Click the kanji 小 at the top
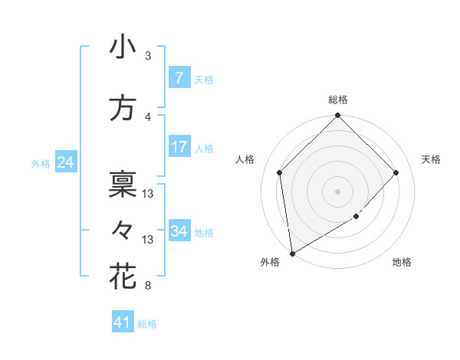point(123,47)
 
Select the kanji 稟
point(123,185)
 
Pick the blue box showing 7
point(179,77)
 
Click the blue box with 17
point(179,146)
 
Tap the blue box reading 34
point(179,231)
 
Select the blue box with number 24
point(65,162)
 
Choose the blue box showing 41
point(123,322)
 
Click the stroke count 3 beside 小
point(148,56)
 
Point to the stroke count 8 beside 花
point(148,286)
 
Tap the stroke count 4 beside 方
point(148,116)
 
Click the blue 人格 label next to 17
point(204,148)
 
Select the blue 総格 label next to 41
point(147,324)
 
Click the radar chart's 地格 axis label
point(402,263)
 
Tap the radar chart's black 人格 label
point(245,159)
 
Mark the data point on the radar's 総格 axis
point(337,116)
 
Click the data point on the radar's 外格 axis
point(292,254)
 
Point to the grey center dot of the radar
point(337,191)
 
